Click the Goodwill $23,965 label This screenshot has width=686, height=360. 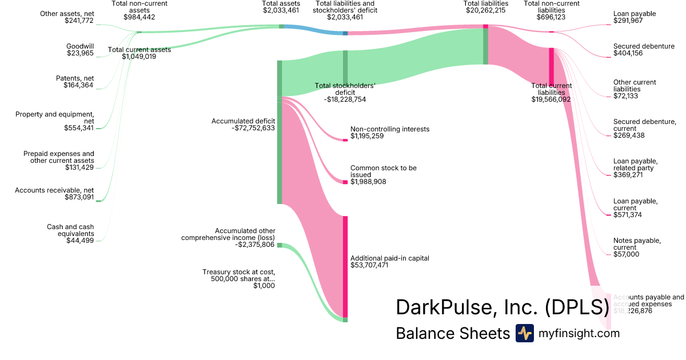click(x=80, y=50)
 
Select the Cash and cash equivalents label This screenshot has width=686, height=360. click(x=70, y=234)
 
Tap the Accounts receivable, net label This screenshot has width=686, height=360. click(x=54, y=194)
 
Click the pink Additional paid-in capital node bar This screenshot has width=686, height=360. click(x=345, y=266)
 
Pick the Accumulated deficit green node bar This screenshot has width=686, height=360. click(x=280, y=131)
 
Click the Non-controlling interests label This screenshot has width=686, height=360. click(x=389, y=133)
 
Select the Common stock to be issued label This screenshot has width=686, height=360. click(x=383, y=175)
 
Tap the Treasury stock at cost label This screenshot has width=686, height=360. click(x=238, y=279)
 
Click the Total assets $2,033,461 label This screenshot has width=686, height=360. click(x=281, y=7)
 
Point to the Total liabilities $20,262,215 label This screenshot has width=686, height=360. click(x=485, y=7)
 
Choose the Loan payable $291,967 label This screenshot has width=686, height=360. click(x=635, y=17)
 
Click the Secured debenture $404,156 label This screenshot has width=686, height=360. click(x=644, y=50)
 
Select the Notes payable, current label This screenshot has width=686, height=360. click(x=637, y=247)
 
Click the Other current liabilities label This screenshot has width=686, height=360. click(x=635, y=89)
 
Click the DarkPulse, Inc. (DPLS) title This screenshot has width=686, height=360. click(x=502, y=308)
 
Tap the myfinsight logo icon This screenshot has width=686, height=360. click(x=524, y=333)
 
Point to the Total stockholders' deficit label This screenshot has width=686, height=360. click(x=345, y=93)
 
